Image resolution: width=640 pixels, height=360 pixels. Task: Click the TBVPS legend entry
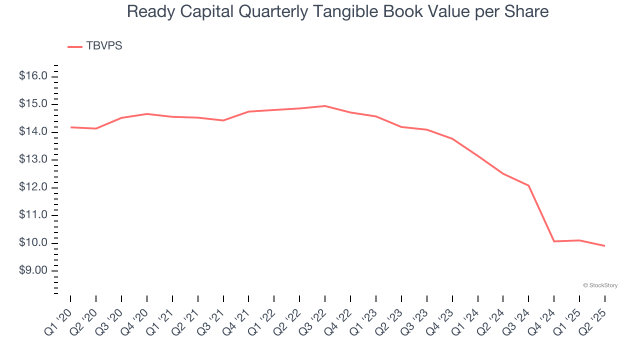95,46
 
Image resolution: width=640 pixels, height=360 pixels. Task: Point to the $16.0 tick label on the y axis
33,76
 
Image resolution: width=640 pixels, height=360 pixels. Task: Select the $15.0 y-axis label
33,104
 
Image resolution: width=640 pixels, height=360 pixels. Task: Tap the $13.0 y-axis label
33,159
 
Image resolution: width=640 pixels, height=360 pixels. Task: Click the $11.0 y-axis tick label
33,215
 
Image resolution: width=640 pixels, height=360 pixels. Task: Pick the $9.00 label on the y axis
33,270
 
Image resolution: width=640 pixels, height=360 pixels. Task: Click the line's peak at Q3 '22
325,106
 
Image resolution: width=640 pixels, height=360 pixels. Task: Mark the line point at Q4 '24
554,241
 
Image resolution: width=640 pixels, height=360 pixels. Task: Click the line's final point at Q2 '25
605,246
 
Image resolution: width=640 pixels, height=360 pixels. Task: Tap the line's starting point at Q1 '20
70,127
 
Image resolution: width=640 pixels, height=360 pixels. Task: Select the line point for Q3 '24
528,185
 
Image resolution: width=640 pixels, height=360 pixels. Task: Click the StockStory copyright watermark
600,285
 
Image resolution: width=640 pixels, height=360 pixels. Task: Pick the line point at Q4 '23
452,138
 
